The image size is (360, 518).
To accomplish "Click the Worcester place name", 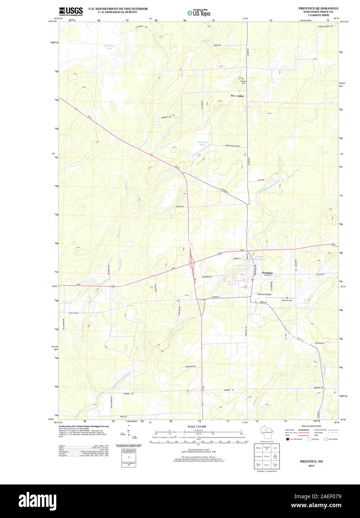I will tap(237, 96).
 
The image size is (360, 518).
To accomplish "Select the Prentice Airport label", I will tap(264, 294).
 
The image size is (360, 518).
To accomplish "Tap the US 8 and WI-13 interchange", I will tap(192, 263).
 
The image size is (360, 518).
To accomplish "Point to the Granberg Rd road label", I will tap(206, 277).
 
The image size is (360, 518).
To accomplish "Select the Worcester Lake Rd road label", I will tap(232, 146).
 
